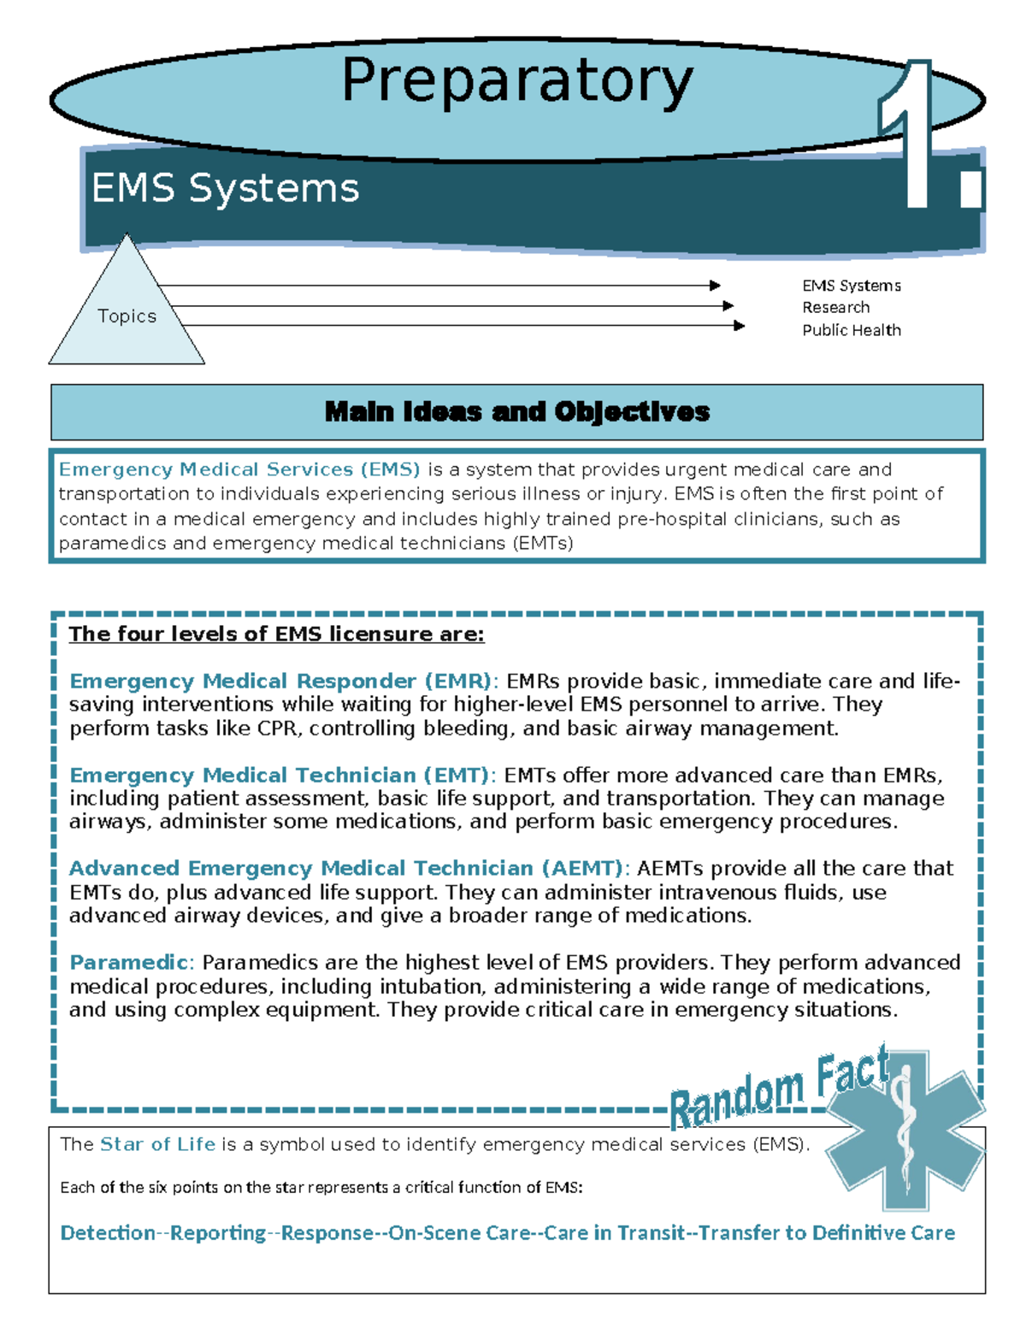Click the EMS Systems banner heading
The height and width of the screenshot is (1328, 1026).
[x=225, y=188]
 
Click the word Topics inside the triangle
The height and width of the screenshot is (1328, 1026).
[x=127, y=316]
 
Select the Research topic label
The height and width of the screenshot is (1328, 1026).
[x=835, y=307]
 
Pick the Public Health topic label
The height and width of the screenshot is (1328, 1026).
[x=851, y=330]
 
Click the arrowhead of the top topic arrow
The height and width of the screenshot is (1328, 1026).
[x=715, y=286]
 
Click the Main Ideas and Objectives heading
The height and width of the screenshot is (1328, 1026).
[x=516, y=412]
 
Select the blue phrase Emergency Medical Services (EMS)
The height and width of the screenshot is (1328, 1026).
[x=239, y=469]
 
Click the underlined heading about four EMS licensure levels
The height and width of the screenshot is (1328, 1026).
[x=276, y=634]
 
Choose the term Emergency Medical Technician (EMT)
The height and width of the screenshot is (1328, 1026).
[x=280, y=776]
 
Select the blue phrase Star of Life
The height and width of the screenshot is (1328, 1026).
[x=157, y=1144]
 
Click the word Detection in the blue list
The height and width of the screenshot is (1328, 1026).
[x=108, y=1233]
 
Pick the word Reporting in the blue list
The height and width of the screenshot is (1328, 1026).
[x=218, y=1233]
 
